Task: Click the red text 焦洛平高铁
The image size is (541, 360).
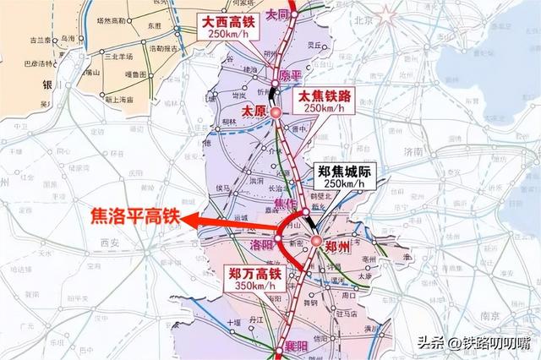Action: (134, 215)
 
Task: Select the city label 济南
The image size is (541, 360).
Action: (413, 150)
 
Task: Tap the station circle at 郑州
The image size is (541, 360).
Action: (314, 241)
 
